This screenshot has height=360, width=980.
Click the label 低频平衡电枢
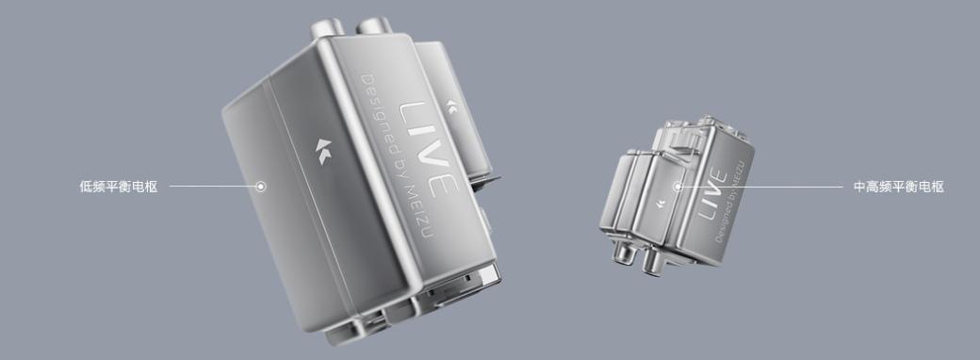(x=118, y=187)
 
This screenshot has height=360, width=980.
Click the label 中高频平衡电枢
(x=898, y=187)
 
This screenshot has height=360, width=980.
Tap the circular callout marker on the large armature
(x=261, y=187)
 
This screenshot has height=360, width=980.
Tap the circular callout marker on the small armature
(x=678, y=187)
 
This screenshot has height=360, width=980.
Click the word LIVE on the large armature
(x=428, y=150)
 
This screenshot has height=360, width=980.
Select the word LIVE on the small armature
(x=711, y=194)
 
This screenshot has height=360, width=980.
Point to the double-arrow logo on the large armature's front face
(x=323, y=151)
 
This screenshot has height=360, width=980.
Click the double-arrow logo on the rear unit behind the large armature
(x=451, y=107)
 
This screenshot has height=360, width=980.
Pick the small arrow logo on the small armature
(x=660, y=204)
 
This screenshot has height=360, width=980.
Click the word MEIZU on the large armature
(x=425, y=212)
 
